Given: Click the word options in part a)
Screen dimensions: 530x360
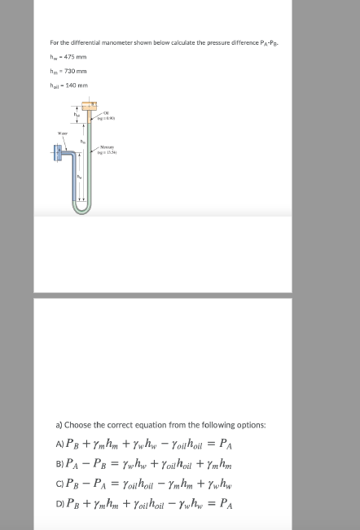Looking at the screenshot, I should click(236, 424).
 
